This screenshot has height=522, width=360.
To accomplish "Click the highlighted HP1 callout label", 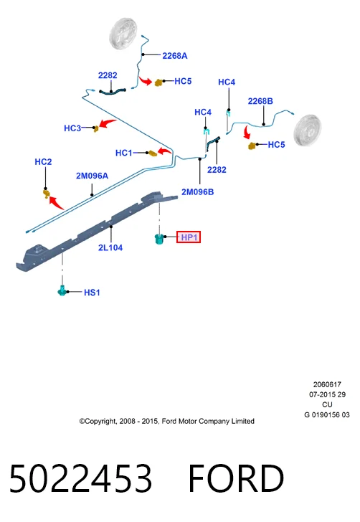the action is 189,237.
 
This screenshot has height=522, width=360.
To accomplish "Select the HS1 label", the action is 92,293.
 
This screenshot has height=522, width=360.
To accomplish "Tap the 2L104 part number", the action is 110,247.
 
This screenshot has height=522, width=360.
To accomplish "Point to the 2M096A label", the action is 92,176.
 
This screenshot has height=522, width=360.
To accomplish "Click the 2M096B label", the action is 197,192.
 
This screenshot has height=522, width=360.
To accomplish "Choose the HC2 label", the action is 43,162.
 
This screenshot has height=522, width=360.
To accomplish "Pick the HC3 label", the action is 72,128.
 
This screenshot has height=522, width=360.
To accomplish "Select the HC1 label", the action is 123,153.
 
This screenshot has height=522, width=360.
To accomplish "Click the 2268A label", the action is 175,56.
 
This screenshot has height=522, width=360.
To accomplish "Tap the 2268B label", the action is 260,101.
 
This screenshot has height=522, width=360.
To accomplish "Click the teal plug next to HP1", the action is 159,239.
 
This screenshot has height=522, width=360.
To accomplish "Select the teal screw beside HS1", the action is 62,290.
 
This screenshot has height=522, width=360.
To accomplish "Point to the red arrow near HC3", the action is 108,123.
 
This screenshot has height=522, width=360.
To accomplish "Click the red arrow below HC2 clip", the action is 56,202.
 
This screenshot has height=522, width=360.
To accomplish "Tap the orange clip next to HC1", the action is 153,153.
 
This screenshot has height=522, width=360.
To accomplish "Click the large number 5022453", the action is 80,478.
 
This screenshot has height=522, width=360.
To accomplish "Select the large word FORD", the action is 236,478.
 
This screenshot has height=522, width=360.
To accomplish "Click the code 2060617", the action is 327,384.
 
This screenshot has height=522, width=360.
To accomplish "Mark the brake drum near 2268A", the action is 123,34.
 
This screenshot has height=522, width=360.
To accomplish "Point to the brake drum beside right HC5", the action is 308,130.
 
